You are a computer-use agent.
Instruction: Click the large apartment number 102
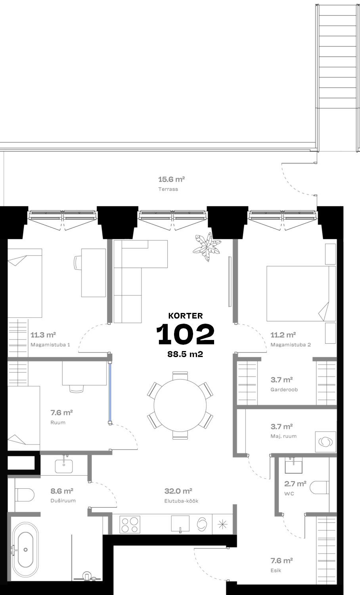(185, 334)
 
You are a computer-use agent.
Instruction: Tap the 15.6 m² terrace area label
(172, 180)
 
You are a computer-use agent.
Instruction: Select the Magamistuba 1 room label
(50, 345)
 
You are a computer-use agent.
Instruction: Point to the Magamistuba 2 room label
(291, 345)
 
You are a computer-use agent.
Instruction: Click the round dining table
(180, 406)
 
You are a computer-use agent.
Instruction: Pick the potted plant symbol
(207, 247)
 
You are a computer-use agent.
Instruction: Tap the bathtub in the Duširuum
(25, 549)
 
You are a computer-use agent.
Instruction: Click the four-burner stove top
(130, 525)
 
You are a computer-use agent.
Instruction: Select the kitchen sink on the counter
(180, 524)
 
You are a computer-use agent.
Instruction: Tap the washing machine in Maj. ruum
(326, 442)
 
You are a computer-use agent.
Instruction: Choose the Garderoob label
(284, 390)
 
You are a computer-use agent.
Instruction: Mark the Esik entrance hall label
(276, 570)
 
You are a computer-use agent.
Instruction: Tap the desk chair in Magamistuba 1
(78, 263)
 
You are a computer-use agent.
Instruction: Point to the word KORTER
(185, 316)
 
